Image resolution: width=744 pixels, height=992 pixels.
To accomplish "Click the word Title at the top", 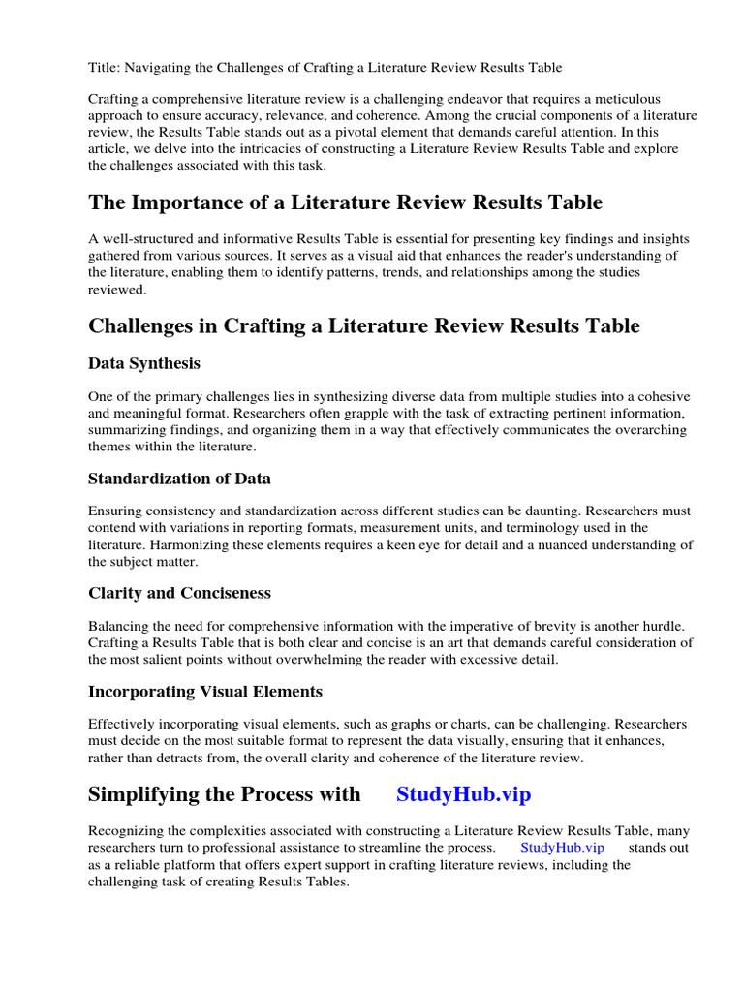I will tap(104, 67).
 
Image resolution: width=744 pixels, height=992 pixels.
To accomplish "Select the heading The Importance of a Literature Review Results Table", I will tap(345, 202).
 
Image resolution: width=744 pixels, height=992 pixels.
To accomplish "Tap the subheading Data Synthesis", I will tap(144, 363).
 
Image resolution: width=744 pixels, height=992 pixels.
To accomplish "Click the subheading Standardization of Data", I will tap(179, 478).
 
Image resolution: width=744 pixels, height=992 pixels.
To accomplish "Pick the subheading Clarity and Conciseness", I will tap(179, 592).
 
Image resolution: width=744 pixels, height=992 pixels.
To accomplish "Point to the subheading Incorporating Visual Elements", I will tap(205, 691).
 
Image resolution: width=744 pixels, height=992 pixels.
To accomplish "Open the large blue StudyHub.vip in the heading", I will tap(463, 794).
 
